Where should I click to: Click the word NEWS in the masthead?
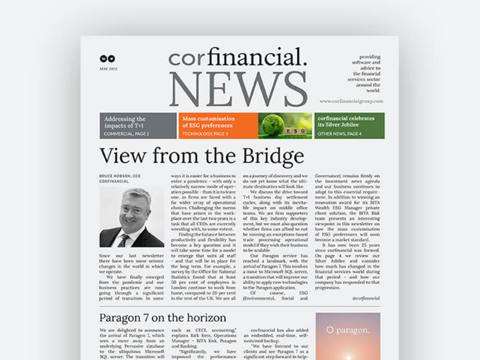[238, 89]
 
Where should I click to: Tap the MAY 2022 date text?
[107, 70]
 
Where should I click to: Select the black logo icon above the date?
[107, 59]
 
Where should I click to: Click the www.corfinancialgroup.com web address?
[351, 101]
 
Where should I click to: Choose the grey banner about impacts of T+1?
[137, 125]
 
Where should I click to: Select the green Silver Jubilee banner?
[350, 125]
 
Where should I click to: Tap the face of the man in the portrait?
[137, 207]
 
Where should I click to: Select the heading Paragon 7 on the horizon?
[163, 317]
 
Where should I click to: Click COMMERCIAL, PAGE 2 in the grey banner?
[127, 133]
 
